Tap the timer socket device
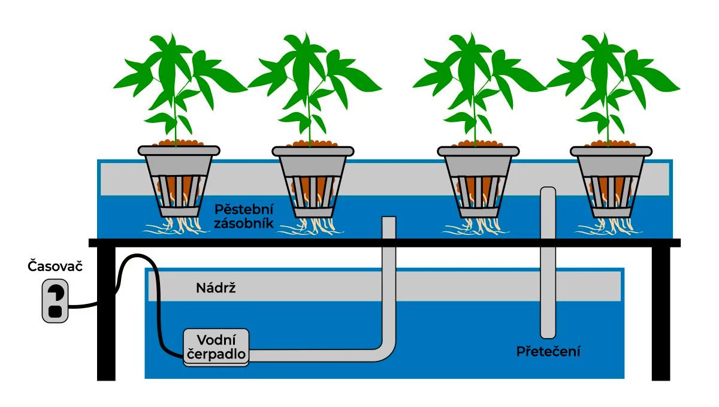pyautogui.click(x=55, y=301)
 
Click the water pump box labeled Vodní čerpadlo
pyautogui.click(x=216, y=346)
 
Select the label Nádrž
pyautogui.click(x=213, y=288)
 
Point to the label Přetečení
pyautogui.click(x=548, y=352)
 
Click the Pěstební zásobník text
pyautogui.click(x=244, y=217)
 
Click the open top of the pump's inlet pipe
pyautogui.click(x=388, y=219)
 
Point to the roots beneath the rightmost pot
pyautogui.click(x=606, y=227)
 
